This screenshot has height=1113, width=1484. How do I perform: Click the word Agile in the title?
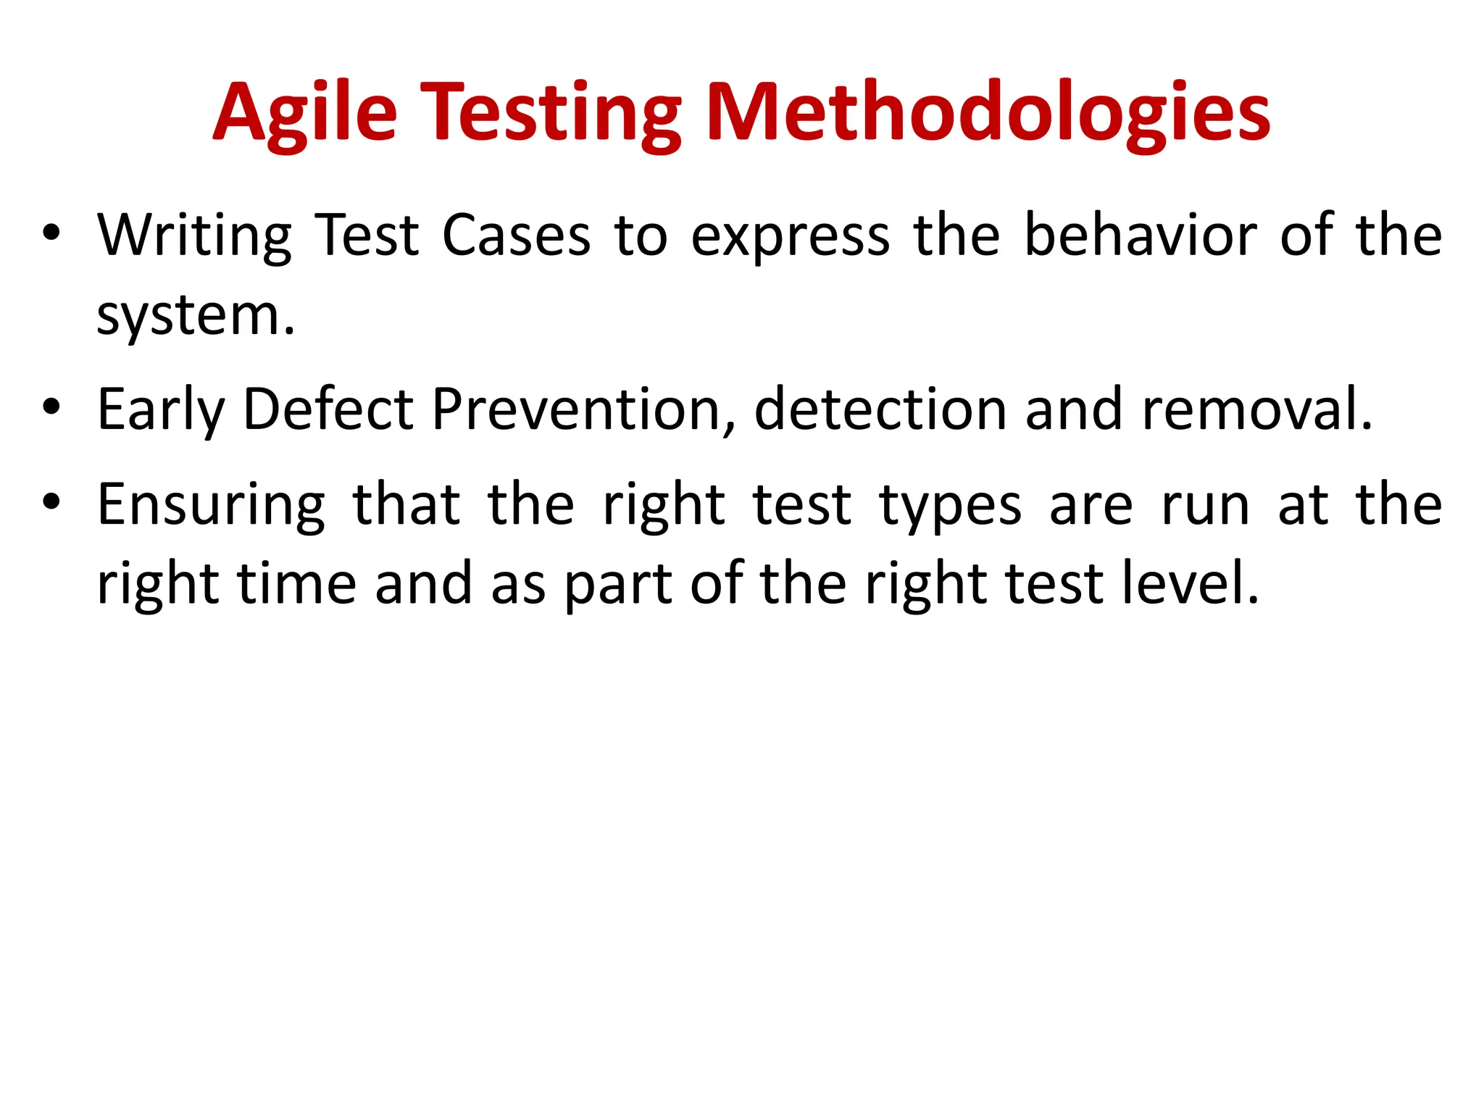click(305, 113)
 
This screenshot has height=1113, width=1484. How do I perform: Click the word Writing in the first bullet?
click(194, 235)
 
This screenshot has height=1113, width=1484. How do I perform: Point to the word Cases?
click(516, 235)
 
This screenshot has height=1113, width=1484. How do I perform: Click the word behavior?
click(1141, 235)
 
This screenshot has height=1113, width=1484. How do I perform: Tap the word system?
click(196, 317)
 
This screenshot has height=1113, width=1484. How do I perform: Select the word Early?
click(161, 410)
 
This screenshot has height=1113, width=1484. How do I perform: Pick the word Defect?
click(328, 409)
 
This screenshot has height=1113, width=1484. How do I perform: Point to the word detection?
click(880, 409)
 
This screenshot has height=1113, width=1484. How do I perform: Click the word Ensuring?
click(211, 505)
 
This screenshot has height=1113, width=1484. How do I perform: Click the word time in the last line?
click(297, 583)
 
